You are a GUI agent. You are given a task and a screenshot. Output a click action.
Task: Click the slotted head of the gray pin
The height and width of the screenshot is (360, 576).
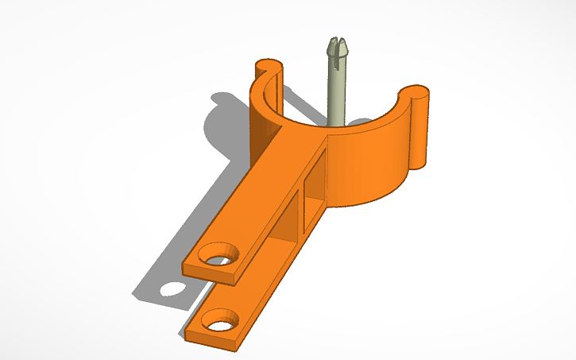(x=338, y=47)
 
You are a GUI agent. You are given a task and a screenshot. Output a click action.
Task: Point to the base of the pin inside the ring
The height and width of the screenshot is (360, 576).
(x=337, y=121)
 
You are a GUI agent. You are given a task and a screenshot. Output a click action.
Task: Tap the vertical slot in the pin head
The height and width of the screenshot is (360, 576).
(x=338, y=44)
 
